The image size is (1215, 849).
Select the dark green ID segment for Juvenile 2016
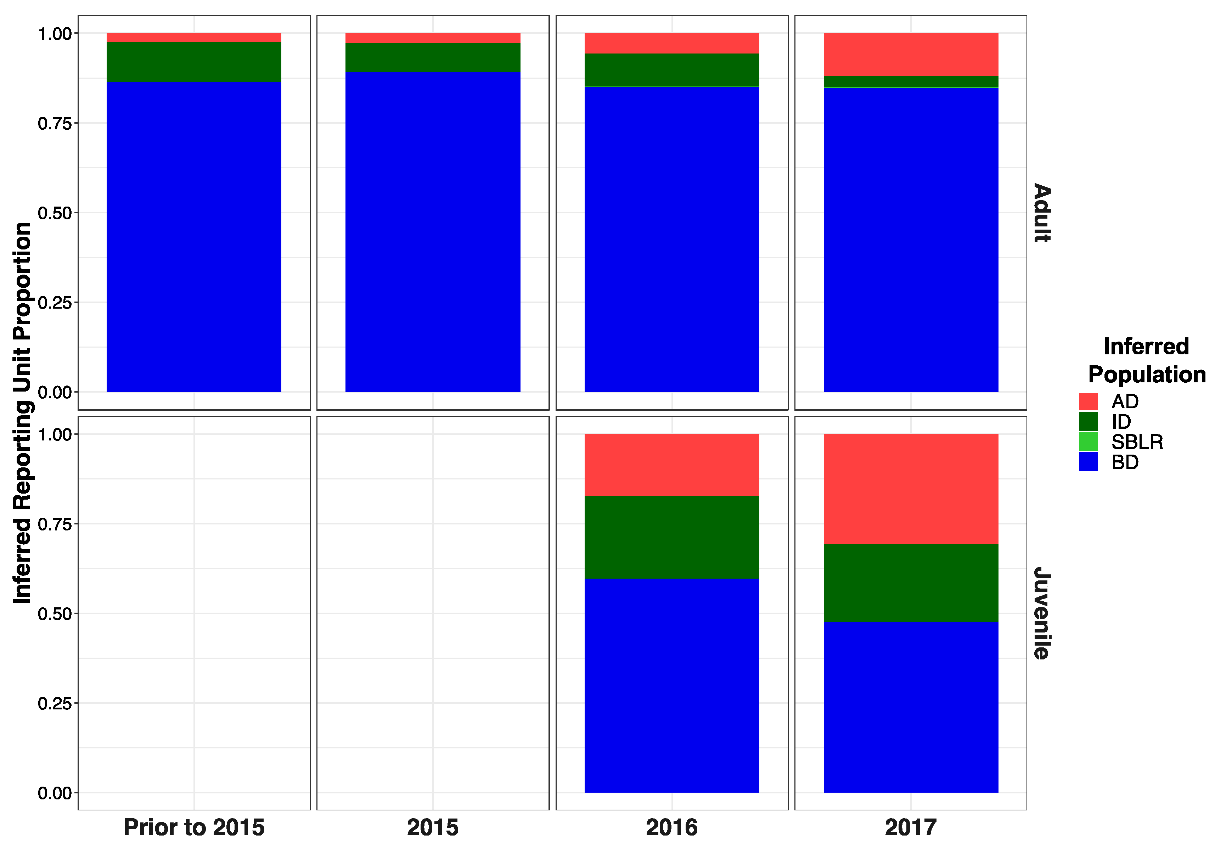coord(671,537)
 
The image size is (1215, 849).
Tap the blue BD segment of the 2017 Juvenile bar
coord(910,707)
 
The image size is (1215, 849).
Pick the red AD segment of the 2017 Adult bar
coord(910,54)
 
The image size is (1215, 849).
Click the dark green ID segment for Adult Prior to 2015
coord(194,62)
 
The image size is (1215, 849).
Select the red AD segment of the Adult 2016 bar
coord(671,43)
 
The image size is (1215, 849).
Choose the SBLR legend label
coord(1137,442)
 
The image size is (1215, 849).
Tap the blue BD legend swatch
coord(1088,462)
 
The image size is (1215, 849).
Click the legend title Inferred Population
coord(1146,360)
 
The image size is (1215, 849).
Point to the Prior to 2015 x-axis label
coord(194,827)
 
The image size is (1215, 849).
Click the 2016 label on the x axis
coord(671,827)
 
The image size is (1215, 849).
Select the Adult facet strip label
coord(1041,213)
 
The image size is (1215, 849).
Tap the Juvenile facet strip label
coord(1041,613)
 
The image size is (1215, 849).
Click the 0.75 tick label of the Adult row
coord(55,123)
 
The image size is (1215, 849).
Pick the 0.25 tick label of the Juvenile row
coord(55,703)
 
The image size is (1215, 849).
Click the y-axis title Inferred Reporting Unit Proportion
coord(22,413)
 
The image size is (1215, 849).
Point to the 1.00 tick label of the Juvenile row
coord(55,434)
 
